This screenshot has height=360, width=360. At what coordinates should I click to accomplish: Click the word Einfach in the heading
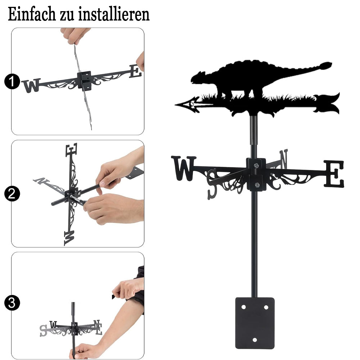click(32, 14)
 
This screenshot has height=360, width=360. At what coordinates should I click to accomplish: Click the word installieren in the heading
click(114, 14)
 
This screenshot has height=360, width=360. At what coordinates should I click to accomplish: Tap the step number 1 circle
click(12, 81)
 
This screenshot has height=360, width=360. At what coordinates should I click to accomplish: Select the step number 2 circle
click(12, 194)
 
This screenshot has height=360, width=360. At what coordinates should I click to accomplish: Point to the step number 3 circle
click(12, 303)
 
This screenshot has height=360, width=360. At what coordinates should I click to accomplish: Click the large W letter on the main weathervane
click(184, 168)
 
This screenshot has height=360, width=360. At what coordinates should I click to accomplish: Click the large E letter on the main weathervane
click(334, 174)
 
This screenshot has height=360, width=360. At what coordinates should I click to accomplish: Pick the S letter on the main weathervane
click(212, 184)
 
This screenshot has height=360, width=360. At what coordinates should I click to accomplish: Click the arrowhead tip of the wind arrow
click(176, 105)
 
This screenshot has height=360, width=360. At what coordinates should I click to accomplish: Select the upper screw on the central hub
click(256, 165)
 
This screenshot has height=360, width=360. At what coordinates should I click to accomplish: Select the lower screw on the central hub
click(257, 185)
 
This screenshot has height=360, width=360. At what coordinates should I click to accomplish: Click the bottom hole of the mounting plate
click(255, 340)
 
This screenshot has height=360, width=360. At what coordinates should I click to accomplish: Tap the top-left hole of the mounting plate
click(244, 307)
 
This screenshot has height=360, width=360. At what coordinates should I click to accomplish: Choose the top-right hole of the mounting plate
click(266, 307)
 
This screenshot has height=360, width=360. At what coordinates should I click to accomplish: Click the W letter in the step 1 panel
click(32, 85)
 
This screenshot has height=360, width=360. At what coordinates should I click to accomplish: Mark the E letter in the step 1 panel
click(135, 71)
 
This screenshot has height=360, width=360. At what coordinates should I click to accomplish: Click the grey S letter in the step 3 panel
click(43, 330)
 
